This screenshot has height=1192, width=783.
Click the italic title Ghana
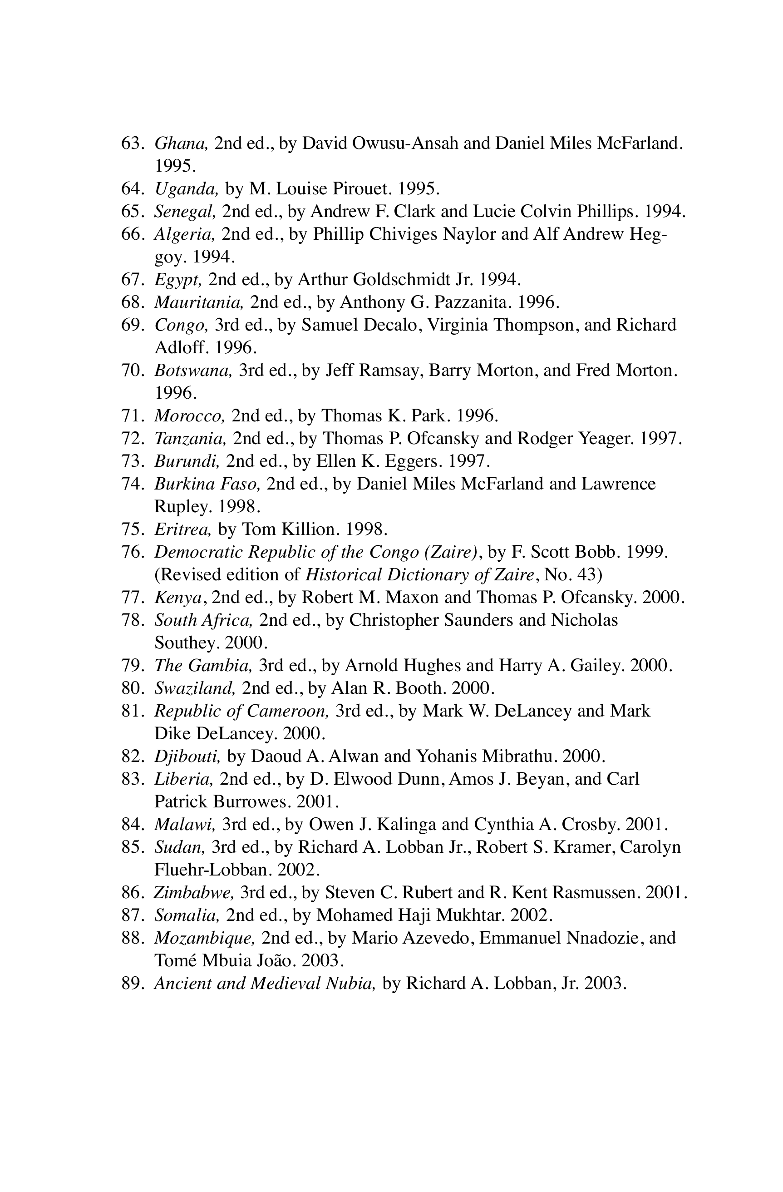181,144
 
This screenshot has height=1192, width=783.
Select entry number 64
133,189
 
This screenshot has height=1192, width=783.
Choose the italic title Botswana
193,370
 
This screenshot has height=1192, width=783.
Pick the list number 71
133,415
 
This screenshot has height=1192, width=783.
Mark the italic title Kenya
178,598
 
